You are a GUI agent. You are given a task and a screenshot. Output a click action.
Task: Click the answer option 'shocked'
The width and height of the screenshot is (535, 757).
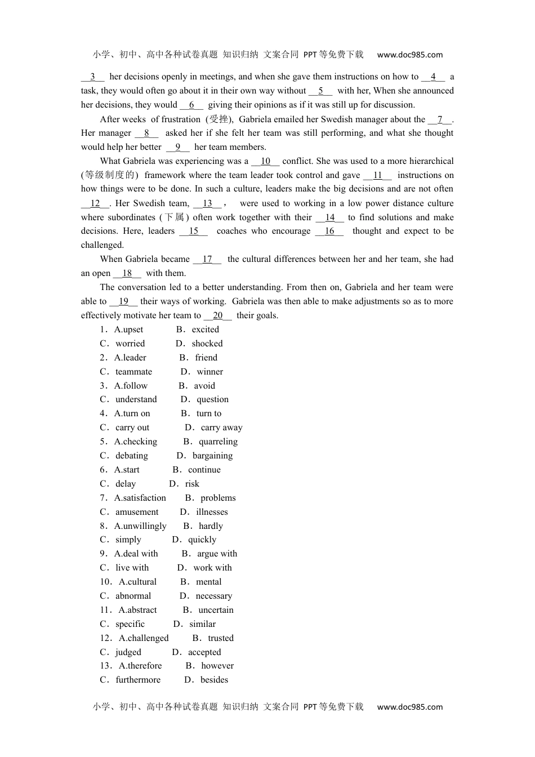click(207, 344)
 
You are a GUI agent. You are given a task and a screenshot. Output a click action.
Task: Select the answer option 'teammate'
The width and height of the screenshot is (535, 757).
click(133, 372)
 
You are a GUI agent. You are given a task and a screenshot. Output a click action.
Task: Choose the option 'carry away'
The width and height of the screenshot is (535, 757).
click(221, 428)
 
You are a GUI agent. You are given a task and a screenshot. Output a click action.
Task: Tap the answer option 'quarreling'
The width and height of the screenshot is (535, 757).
click(218, 442)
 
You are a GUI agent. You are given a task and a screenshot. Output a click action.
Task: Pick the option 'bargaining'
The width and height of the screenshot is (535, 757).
click(212, 456)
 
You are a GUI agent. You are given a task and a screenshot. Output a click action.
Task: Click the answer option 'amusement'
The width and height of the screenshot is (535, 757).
click(137, 512)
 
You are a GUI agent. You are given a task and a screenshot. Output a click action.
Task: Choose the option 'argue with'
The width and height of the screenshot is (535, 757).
click(217, 554)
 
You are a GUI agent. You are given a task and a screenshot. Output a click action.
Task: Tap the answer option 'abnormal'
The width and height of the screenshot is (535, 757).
click(133, 596)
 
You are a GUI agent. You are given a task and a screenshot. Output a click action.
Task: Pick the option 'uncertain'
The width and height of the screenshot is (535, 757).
click(216, 610)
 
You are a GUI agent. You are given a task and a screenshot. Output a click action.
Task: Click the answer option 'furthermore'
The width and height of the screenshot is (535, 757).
click(138, 680)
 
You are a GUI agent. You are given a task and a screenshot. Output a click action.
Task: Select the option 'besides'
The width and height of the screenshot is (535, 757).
click(214, 680)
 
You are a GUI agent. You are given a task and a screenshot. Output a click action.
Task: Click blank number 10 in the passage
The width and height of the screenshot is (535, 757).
click(265, 161)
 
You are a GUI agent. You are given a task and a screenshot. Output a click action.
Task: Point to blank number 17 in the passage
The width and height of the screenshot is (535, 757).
click(207, 259)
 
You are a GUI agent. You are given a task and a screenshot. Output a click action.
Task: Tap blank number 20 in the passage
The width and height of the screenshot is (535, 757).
click(218, 315)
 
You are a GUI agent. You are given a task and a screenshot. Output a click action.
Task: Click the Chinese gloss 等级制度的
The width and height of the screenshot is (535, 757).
click(109, 175)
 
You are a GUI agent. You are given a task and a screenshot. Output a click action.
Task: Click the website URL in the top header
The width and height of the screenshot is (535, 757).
click(409, 55)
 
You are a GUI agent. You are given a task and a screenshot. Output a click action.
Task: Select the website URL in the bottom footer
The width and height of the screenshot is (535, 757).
click(409, 707)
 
